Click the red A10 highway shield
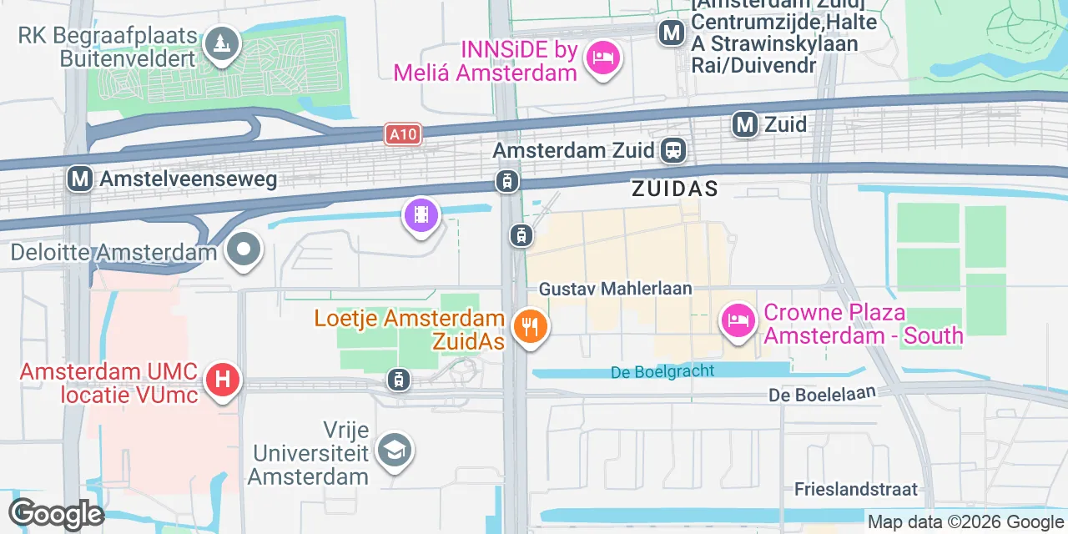point(403,133)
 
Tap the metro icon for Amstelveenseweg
point(80,179)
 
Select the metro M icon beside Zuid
point(745,125)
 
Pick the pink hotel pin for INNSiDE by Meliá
point(602,58)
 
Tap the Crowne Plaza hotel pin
point(738,320)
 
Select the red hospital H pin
point(222,380)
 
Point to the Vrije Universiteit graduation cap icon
point(394,451)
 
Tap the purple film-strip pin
point(421,215)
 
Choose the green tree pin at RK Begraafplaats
point(221,42)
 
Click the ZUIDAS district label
point(674,189)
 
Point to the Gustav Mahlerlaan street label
point(616,289)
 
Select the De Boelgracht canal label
point(662,371)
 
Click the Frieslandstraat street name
point(856,489)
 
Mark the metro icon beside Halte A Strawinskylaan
point(671,33)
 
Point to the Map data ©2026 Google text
point(965,522)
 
